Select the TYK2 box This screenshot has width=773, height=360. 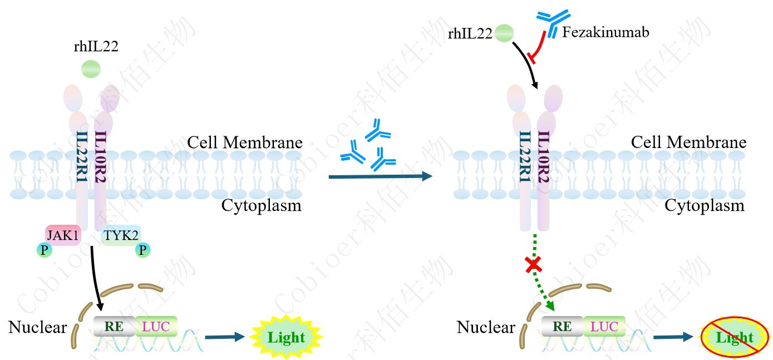121,235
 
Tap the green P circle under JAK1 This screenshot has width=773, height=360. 44,250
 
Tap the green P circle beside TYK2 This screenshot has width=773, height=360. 143,250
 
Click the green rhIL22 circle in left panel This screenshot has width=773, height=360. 91,69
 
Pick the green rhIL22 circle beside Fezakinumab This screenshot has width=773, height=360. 504,33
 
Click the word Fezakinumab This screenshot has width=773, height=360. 605,32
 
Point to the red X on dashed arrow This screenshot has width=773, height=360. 535,265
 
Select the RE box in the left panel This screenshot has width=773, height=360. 114,326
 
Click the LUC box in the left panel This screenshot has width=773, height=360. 156,326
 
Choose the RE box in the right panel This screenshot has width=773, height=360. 562,326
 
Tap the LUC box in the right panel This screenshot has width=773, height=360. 604,326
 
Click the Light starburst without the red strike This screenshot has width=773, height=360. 286,337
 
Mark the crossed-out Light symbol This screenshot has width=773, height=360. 735,337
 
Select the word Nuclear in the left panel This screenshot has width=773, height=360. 37,327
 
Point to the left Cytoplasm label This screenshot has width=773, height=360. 261,206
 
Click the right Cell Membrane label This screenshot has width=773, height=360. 688,142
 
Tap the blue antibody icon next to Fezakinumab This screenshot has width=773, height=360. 553,23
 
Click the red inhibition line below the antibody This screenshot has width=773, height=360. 537,47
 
